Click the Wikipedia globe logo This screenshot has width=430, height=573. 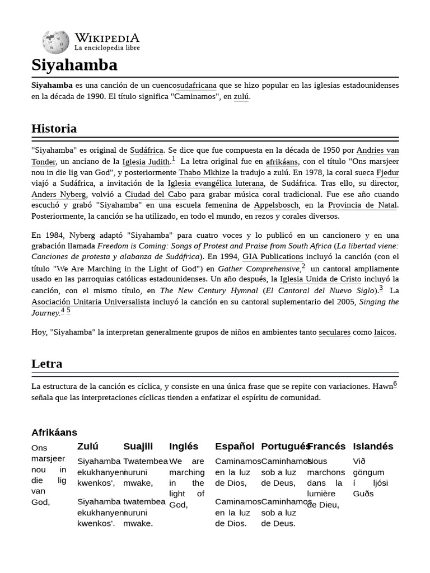click(x=55, y=42)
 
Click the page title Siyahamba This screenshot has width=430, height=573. click(x=74, y=65)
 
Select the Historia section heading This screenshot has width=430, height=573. click(x=54, y=129)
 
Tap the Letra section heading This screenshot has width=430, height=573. click(x=46, y=364)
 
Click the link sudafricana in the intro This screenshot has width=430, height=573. click(x=197, y=86)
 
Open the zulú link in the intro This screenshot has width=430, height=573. click(x=241, y=97)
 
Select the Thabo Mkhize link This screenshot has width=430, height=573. click(x=204, y=173)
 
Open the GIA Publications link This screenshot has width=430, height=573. click(x=273, y=257)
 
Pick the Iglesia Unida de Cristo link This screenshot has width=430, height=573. click(x=321, y=279)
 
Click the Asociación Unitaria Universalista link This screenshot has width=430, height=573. click(x=90, y=302)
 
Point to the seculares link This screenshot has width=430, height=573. click(x=334, y=332)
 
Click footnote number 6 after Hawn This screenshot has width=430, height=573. click(x=395, y=384)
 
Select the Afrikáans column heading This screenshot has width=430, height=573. click(x=54, y=433)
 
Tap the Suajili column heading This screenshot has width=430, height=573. click(x=138, y=447)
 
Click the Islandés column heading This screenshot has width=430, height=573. click(x=373, y=447)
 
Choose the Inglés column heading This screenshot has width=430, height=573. click(x=184, y=447)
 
